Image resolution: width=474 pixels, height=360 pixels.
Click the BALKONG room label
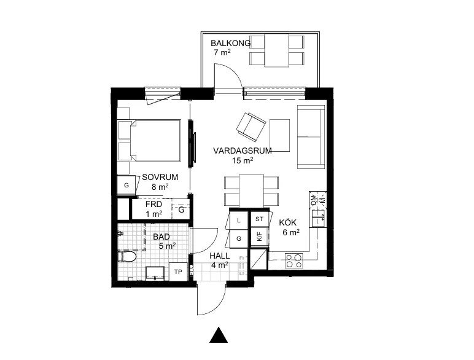230,43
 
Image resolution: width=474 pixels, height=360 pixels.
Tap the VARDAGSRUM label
242,151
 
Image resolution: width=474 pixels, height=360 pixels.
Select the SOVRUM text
160,177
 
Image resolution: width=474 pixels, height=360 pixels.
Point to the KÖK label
287,222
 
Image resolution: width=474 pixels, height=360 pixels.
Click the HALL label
219,256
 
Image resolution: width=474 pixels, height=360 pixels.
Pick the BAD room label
161,237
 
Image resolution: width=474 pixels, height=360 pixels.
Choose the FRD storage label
153,204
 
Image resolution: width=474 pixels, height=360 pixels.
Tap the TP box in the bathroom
178,272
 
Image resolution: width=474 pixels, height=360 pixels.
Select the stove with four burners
294,260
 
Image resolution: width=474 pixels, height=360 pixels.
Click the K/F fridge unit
259,237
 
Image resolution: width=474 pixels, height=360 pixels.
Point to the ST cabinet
259,219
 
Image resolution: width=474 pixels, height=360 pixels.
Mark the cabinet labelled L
238,220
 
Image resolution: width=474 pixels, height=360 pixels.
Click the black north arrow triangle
219,335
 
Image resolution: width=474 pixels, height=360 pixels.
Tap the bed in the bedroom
149,140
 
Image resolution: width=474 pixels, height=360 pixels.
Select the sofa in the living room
311,137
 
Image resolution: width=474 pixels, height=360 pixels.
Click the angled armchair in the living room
251,127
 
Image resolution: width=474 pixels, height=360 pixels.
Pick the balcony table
277,50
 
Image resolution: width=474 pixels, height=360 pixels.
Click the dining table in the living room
251,191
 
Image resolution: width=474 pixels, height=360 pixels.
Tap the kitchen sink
317,219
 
